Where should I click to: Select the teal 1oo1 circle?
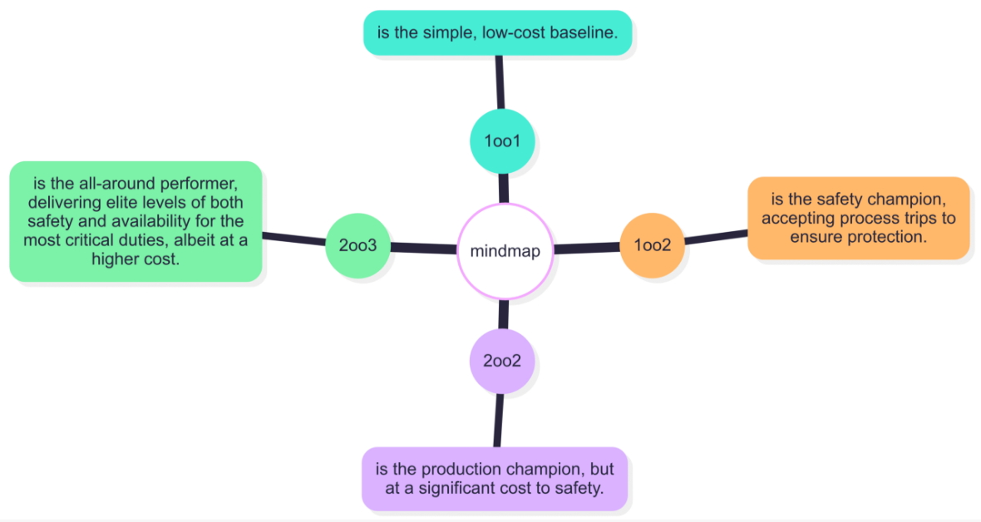(501, 141)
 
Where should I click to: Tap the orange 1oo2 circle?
(652, 245)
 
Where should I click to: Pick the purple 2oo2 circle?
(501, 361)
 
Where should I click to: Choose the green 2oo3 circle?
(357, 246)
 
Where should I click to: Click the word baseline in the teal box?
(586, 33)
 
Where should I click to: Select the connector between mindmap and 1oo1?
(502, 188)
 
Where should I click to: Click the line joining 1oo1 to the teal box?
(500, 82)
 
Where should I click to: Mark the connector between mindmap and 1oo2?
(586, 248)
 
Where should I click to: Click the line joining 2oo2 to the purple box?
(499, 420)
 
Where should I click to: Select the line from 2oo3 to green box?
(293, 240)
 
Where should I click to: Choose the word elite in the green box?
(126, 202)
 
